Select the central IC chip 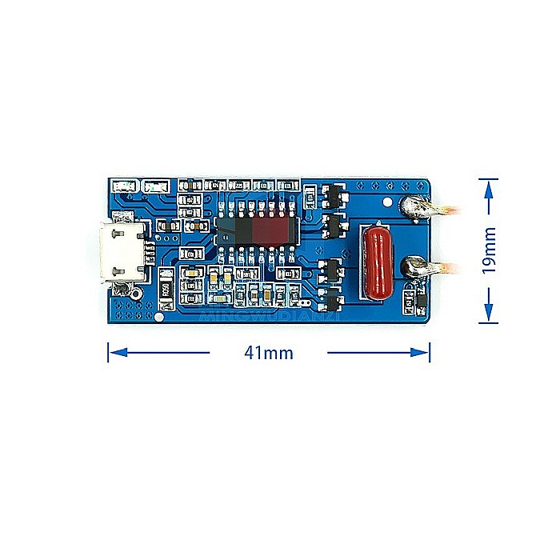click(x=256, y=231)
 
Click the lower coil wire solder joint click(x=417, y=265)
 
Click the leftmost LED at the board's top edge click(x=125, y=186)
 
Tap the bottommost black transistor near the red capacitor click(x=333, y=302)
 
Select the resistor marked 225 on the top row click(x=238, y=186)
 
